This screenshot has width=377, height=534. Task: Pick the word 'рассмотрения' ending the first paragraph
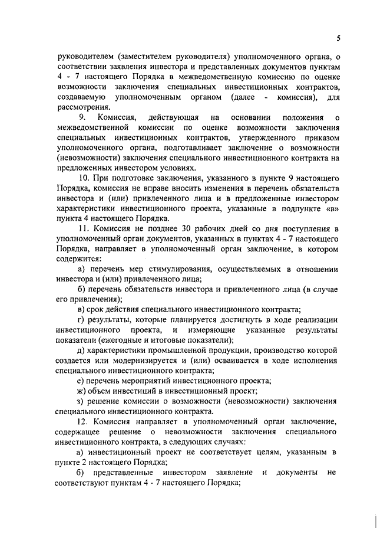click(x=82, y=107)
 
